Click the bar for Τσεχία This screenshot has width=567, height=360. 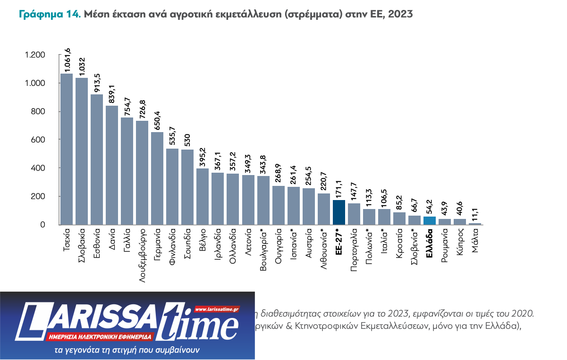click(x=67, y=149)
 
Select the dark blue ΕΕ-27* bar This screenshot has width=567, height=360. click(x=339, y=212)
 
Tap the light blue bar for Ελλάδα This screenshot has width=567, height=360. click(x=429, y=220)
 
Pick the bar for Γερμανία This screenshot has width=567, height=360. click(x=157, y=178)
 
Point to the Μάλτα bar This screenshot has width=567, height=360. click(x=475, y=224)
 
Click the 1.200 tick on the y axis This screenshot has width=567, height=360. click(x=35, y=55)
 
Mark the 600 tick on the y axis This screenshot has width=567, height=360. click(x=38, y=140)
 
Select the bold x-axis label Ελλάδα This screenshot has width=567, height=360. click(x=430, y=243)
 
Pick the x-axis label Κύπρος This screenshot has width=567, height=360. click(x=460, y=243)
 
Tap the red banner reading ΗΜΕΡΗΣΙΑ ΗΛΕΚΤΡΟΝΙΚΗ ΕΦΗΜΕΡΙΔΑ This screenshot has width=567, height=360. click(x=100, y=336)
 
